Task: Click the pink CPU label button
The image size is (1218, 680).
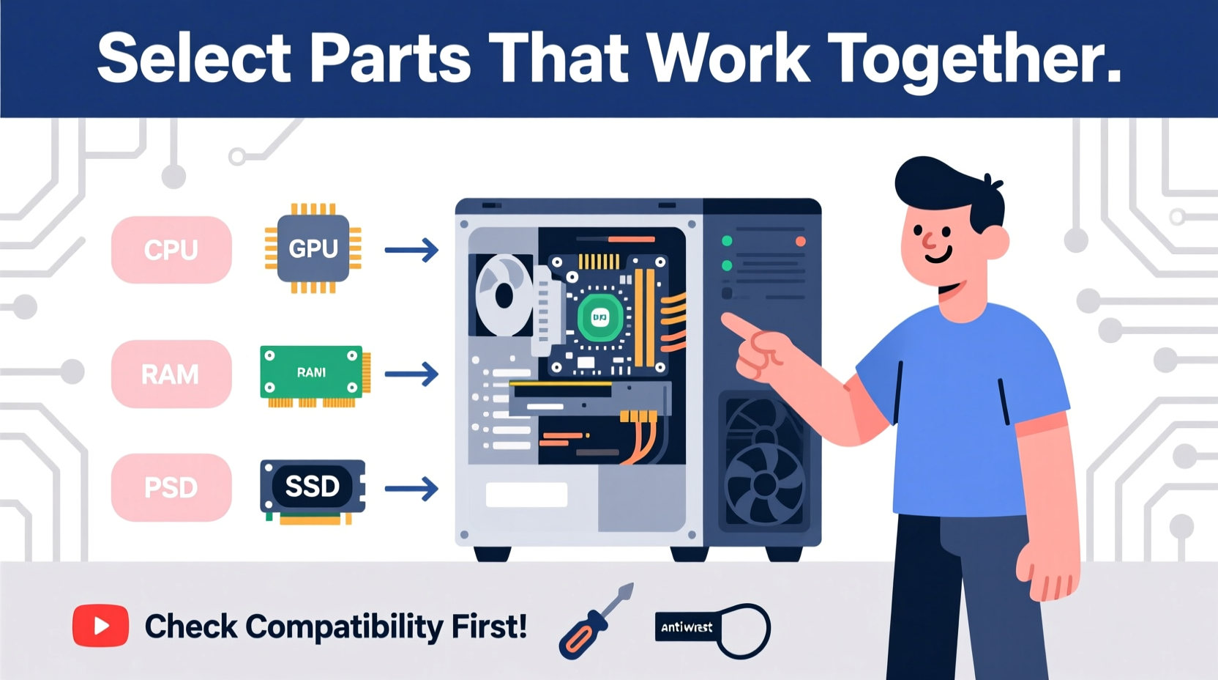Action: (171, 250)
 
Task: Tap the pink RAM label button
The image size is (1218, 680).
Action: (171, 374)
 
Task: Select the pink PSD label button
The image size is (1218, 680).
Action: (171, 487)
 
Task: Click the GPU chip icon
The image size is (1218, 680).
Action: (313, 249)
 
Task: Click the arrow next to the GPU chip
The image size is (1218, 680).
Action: (411, 250)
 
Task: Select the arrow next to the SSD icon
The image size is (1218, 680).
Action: (411, 488)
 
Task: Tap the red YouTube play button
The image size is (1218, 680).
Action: (101, 626)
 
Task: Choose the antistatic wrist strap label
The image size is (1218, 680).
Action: (687, 627)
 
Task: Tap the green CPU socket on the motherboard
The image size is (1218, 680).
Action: (600, 317)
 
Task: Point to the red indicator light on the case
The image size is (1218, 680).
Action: (800, 241)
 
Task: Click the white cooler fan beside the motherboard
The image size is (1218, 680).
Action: (504, 295)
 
